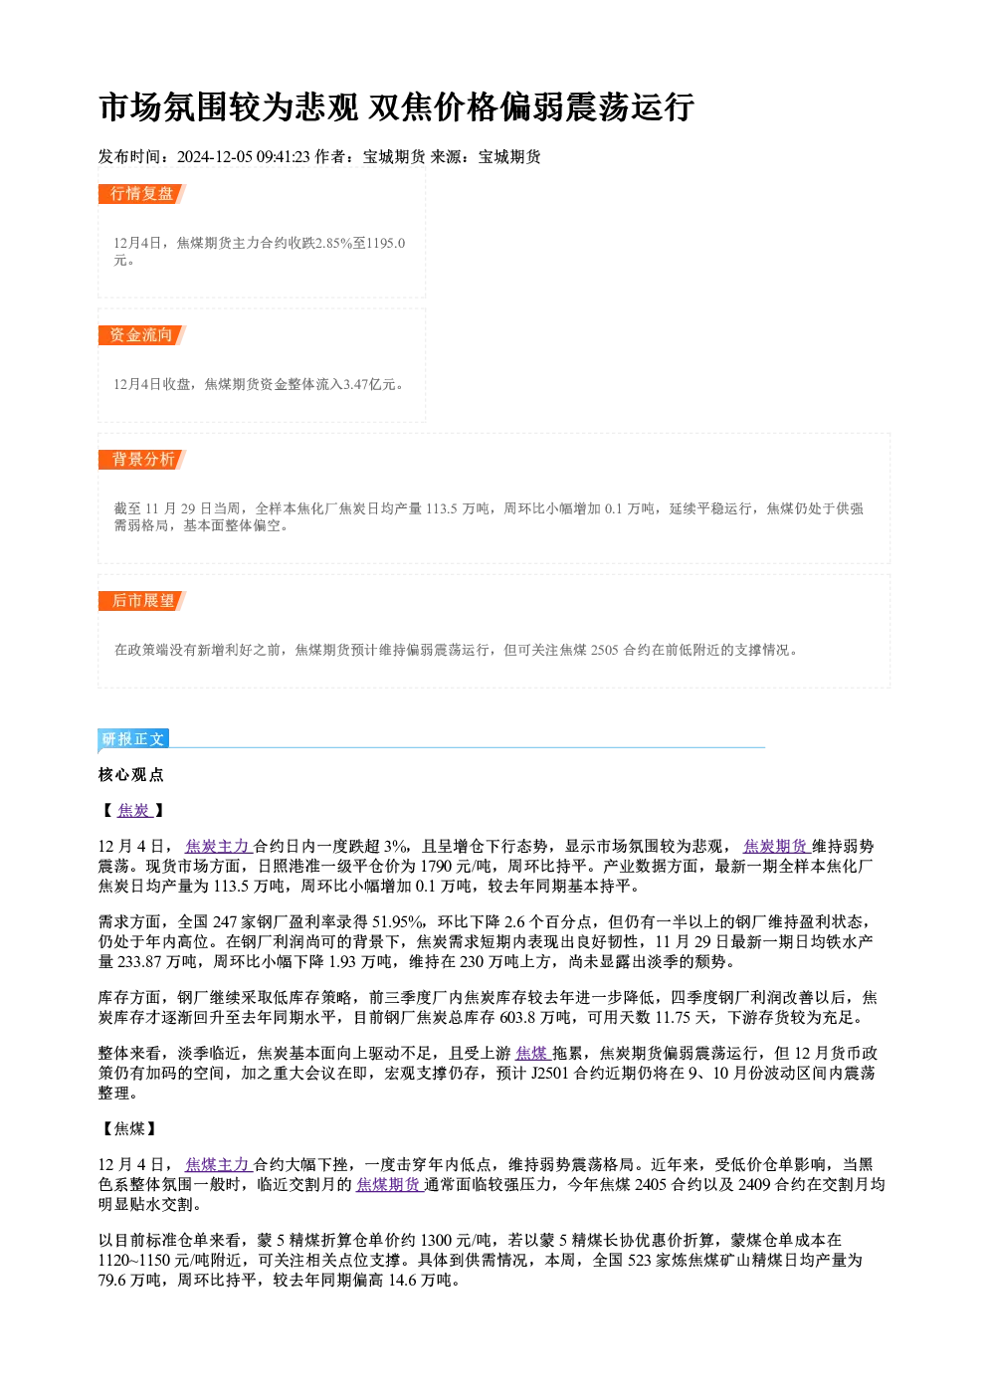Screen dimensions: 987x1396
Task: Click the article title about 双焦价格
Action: [396, 106]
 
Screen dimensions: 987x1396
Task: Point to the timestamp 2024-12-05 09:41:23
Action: [243, 156]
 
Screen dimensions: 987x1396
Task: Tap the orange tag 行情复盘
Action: [141, 194]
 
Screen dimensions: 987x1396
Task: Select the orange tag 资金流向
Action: [141, 335]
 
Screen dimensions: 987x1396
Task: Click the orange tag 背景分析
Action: [141, 460]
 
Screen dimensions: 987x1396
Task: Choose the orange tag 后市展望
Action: [141, 601]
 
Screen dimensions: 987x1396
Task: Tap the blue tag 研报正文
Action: [133, 739]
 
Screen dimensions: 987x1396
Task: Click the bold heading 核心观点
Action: [131, 775]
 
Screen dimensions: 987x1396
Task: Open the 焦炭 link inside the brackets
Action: [133, 810]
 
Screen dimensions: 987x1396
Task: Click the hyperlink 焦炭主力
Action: [218, 847]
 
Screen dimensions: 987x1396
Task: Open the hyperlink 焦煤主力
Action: [218, 1164]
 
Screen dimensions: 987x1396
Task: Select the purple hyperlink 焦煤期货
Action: [389, 1184]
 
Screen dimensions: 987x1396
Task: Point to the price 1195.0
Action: [385, 243]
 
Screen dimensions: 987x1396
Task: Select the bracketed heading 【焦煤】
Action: [129, 1128]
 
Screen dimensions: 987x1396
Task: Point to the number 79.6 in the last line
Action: [110, 1281]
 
